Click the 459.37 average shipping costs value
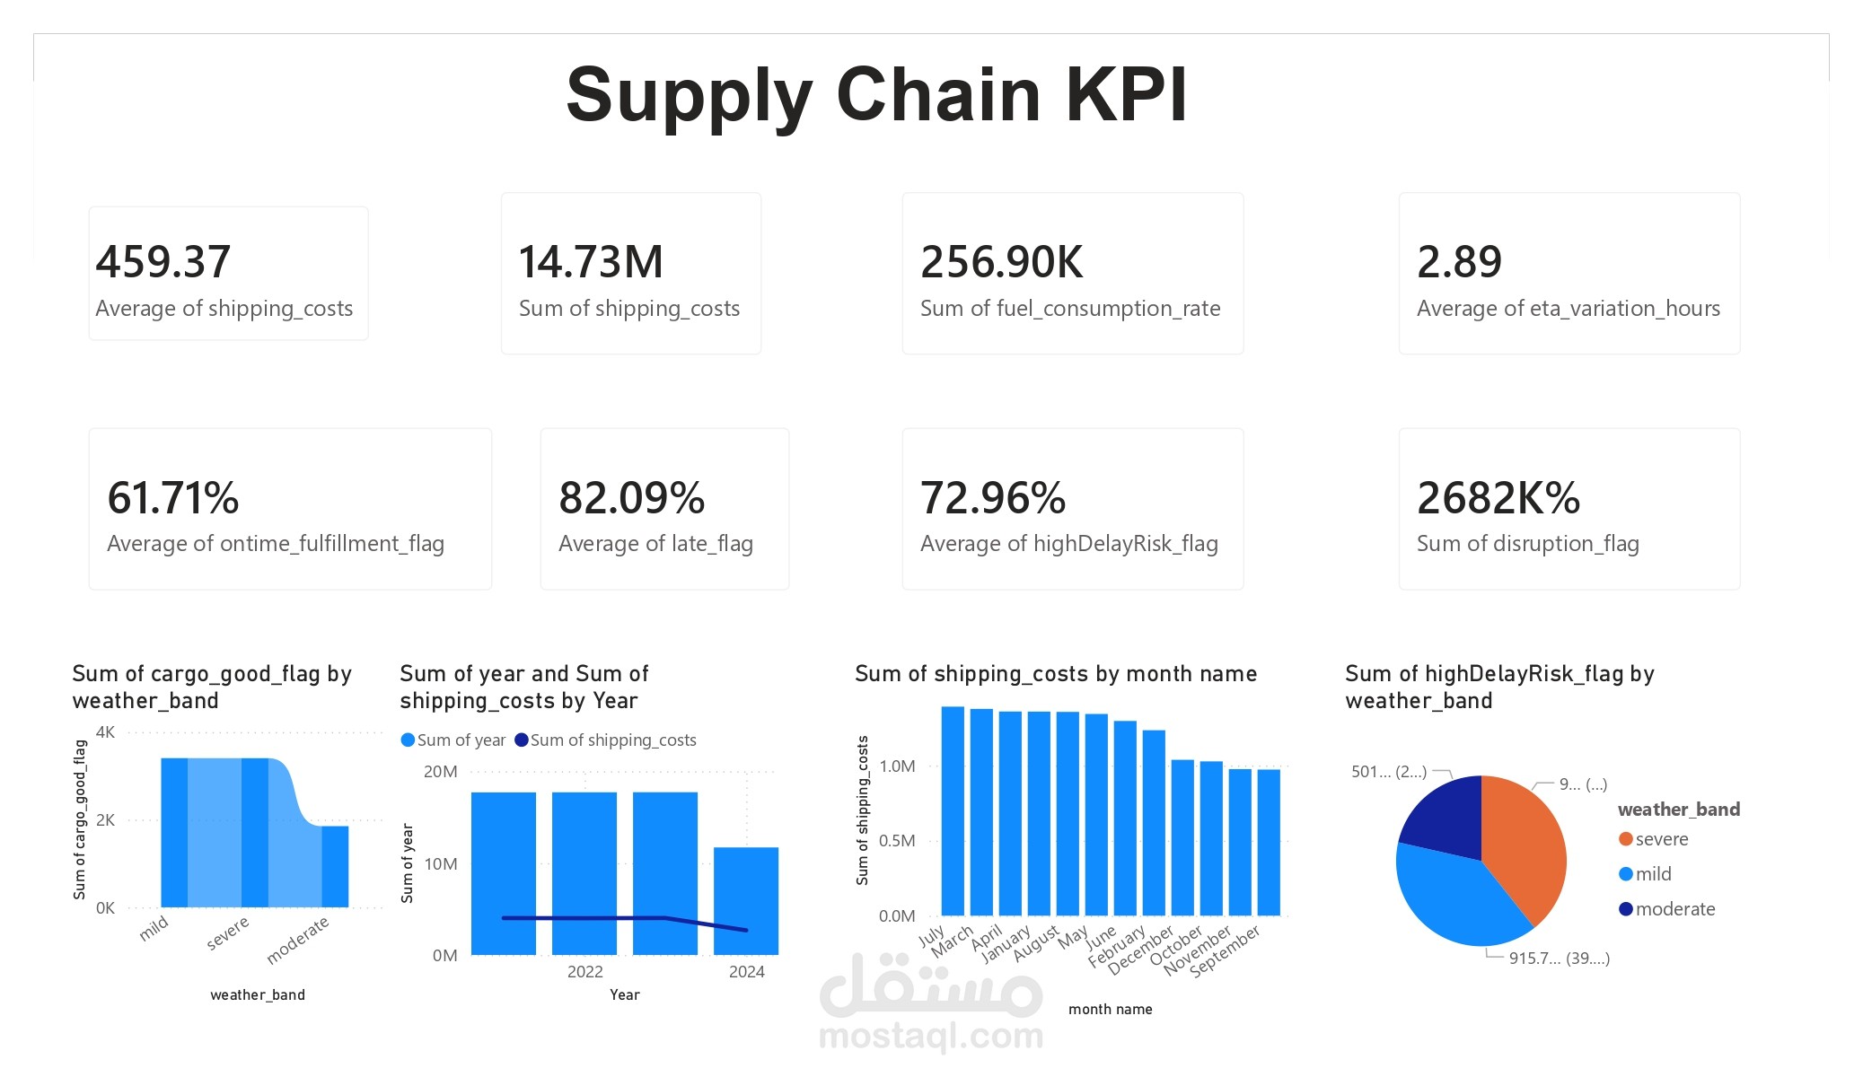(163, 262)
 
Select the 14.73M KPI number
(591, 262)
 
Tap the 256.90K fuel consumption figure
(1002, 262)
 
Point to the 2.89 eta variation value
(1459, 262)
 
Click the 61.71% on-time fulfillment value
(173, 498)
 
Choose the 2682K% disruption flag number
(1498, 498)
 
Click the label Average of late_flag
(655, 544)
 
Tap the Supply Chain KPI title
(877, 94)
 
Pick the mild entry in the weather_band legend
(1652, 874)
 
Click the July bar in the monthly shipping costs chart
(953, 810)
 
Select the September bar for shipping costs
(1269, 842)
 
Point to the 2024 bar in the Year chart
(746, 900)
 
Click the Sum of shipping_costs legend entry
(612, 740)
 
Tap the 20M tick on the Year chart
(441, 772)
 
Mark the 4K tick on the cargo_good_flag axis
(105, 732)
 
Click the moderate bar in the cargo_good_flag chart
(335, 866)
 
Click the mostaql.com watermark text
(931, 1037)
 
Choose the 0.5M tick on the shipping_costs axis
(897, 841)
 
